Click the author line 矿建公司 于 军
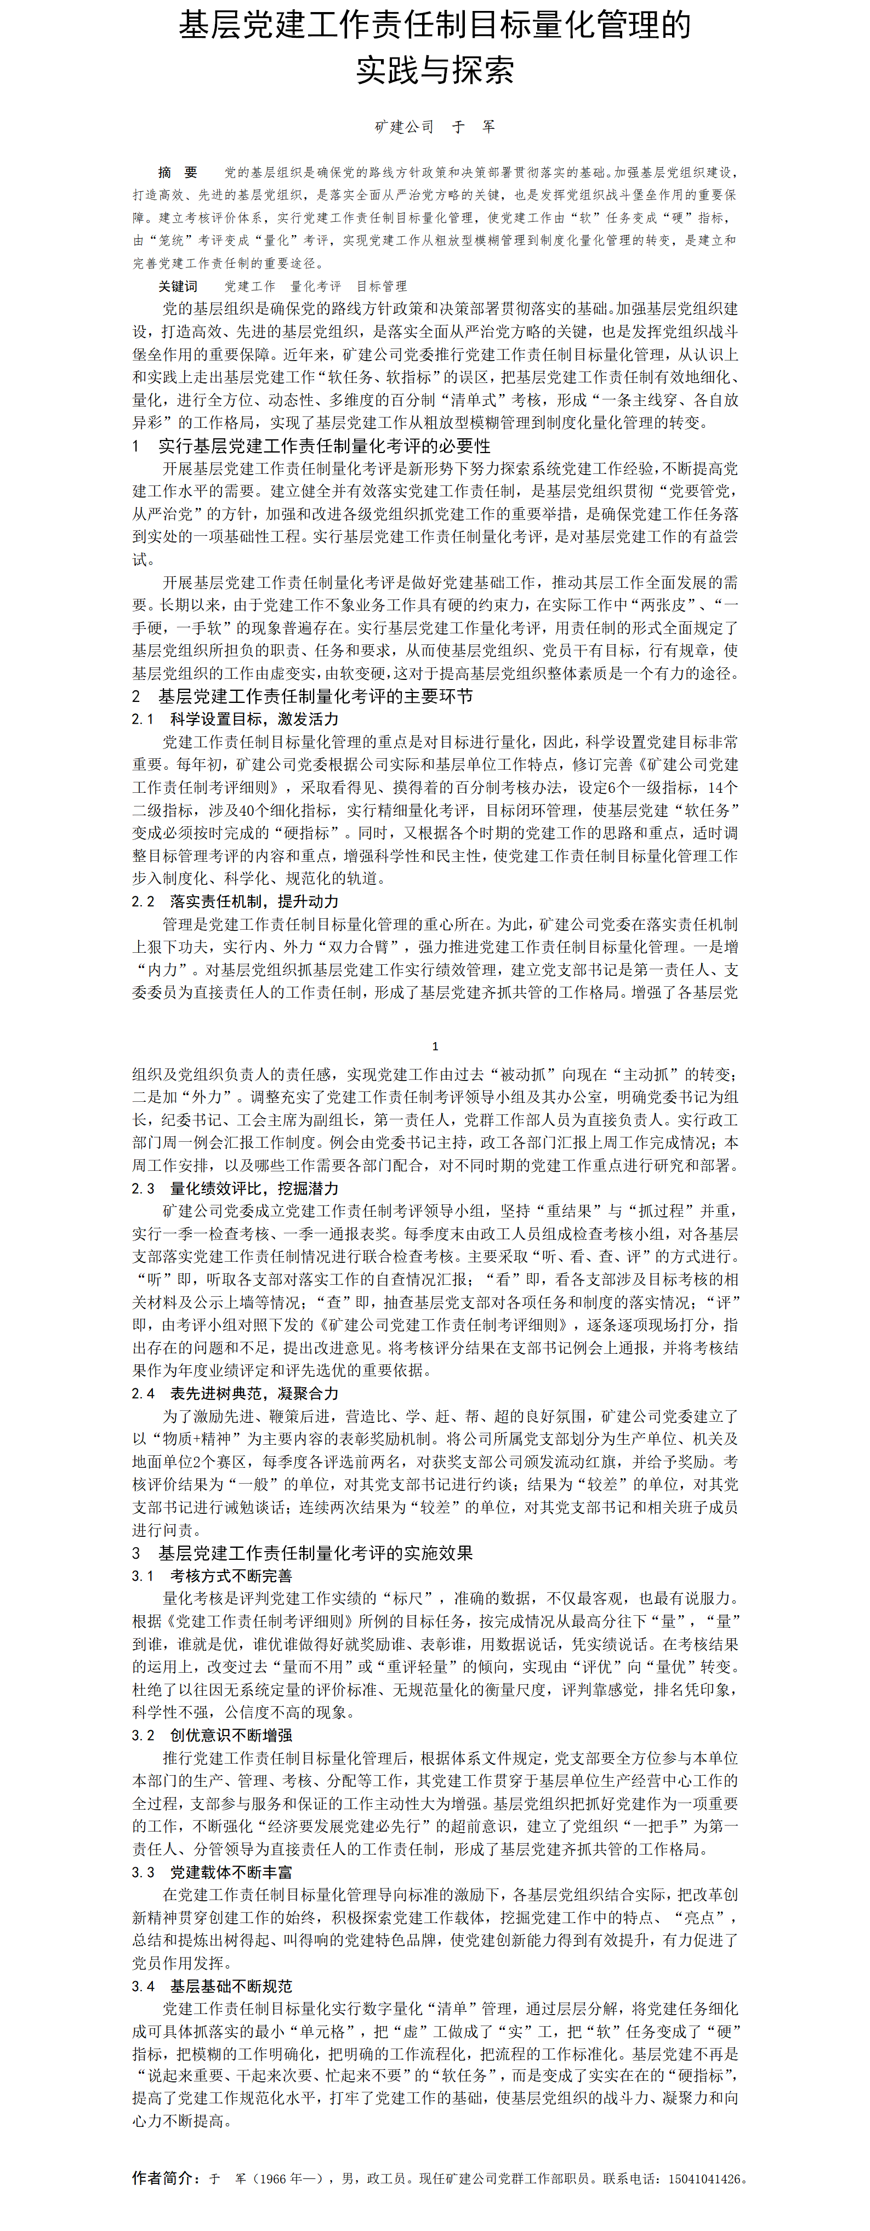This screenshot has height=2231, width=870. pyautogui.click(x=435, y=127)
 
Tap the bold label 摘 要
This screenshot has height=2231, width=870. pyautogui.click(x=178, y=173)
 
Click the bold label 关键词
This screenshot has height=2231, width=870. pyautogui.click(x=178, y=286)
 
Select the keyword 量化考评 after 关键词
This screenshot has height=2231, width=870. pyautogui.click(x=315, y=286)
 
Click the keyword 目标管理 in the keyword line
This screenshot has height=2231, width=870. pyautogui.click(x=381, y=286)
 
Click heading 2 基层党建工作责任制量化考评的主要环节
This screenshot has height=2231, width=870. pyautogui.click(x=303, y=696)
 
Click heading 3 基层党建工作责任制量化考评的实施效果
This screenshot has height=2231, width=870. pyautogui.click(x=303, y=1553)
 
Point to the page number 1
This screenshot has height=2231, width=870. pyautogui.click(x=435, y=1046)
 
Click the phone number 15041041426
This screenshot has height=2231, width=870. pyautogui.click(x=706, y=2179)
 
